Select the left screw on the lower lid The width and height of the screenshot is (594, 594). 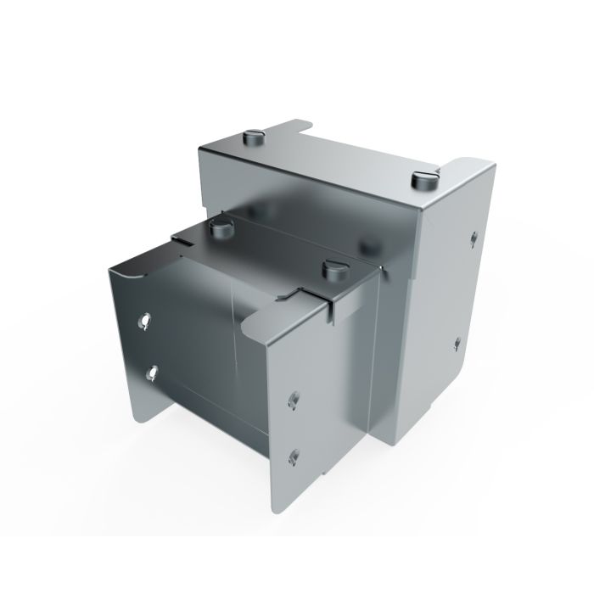(x=220, y=227)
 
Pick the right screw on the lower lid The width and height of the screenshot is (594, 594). (x=334, y=270)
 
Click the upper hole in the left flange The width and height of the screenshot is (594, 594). (x=145, y=322)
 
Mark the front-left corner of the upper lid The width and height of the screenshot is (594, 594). (x=200, y=151)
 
